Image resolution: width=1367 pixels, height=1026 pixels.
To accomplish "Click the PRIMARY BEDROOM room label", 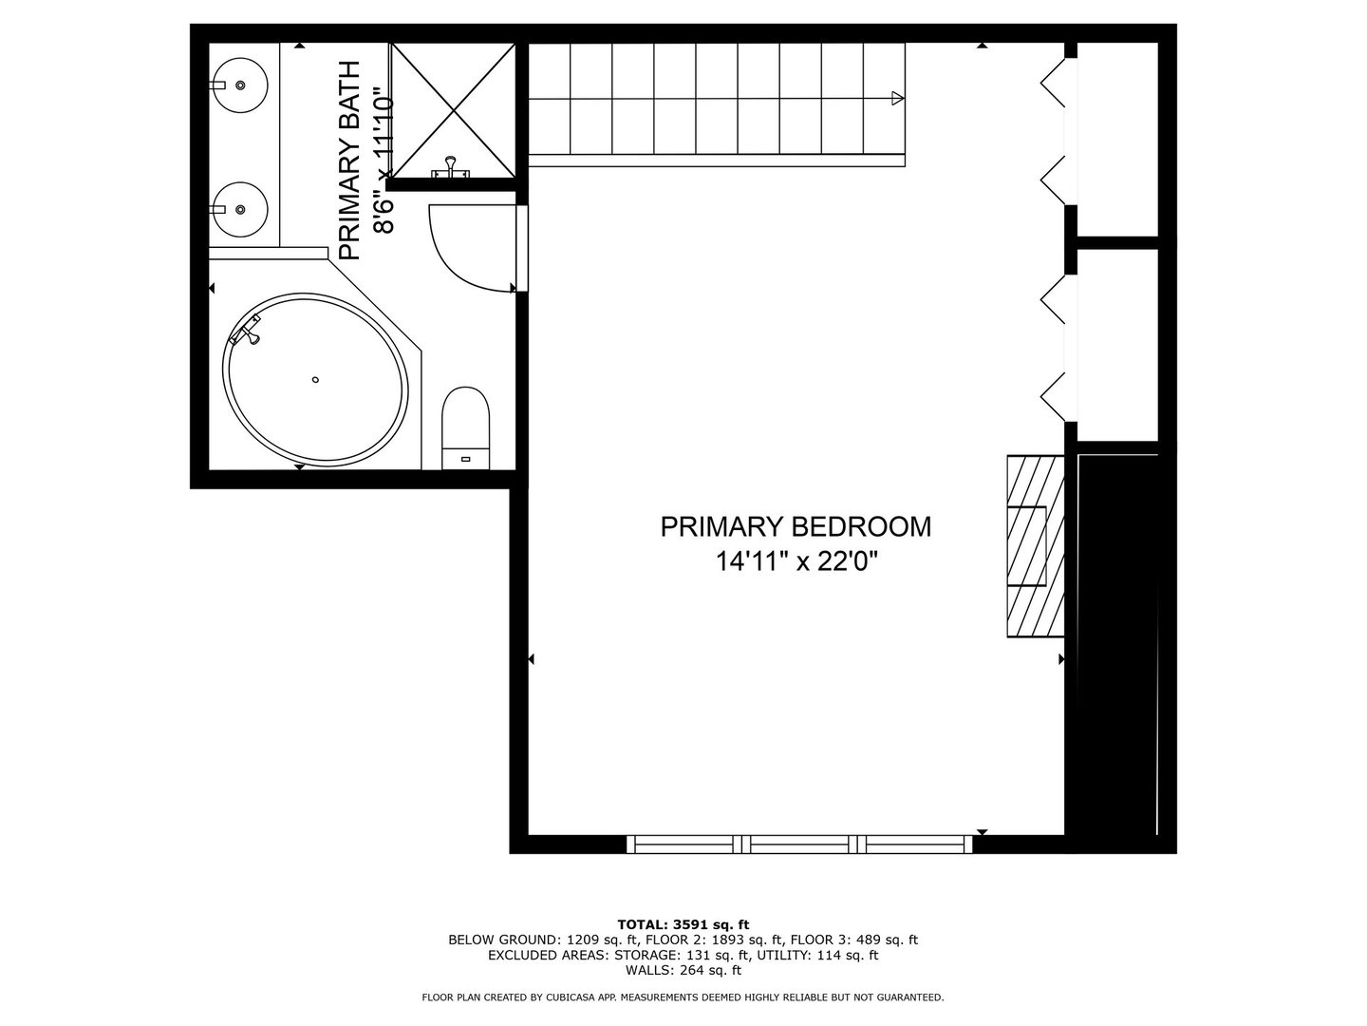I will (796, 526).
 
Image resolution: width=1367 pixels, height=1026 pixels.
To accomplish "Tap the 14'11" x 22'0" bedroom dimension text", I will (796, 562).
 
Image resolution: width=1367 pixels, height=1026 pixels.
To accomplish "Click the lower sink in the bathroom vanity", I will (240, 209).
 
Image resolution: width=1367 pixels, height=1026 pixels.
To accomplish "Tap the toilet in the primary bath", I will (466, 426).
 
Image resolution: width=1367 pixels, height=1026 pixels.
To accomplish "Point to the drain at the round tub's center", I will (315, 380).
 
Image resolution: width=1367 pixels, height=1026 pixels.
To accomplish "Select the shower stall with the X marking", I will (454, 111).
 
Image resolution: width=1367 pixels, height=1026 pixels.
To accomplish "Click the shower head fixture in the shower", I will (450, 168).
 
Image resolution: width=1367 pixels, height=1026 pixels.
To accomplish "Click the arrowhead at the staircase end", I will (897, 97).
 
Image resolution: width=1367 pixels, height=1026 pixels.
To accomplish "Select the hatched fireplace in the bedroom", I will (1035, 546).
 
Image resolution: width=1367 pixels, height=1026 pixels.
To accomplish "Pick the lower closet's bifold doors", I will (1057, 347).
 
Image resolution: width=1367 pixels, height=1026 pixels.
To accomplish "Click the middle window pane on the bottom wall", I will (803, 842).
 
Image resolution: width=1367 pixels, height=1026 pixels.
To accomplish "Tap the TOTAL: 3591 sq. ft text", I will (683, 923).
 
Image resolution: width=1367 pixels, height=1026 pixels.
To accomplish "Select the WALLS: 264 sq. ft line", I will (683, 971).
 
